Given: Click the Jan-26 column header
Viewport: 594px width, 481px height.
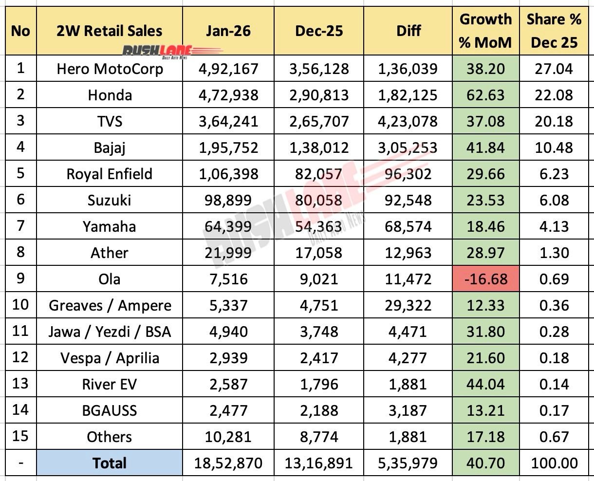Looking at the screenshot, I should [228, 31].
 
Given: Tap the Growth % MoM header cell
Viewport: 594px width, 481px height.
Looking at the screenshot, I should [485, 31].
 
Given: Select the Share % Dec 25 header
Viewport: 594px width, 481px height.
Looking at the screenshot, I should [554, 31].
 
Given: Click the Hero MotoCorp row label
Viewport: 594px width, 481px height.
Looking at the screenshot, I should [110, 69].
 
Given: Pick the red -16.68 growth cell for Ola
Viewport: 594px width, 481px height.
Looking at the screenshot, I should [485, 279].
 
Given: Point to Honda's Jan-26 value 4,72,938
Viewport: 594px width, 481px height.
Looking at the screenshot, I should [228, 94].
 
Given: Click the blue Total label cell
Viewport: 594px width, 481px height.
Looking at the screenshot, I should [110, 463].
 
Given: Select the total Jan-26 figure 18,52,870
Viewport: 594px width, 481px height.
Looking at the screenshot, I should [228, 463].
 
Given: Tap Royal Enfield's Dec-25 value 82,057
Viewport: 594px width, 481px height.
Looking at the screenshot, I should [319, 174].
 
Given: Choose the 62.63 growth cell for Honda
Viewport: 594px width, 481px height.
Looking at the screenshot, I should [485, 94].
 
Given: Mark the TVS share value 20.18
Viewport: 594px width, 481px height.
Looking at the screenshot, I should [554, 121].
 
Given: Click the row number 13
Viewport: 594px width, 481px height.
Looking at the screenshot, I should [20, 384].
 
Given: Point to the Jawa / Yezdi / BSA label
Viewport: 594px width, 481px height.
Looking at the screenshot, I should [110, 332].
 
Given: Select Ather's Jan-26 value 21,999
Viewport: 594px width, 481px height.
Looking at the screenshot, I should [228, 253].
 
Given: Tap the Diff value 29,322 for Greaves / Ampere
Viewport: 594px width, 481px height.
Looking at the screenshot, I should [408, 305].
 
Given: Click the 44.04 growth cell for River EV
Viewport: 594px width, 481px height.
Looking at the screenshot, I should [485, 384].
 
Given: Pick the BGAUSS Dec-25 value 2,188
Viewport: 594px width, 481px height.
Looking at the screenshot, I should [319, 410].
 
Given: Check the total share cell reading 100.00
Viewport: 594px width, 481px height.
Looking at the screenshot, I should [554, 463].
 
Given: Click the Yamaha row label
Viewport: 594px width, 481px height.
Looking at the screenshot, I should [110, 226].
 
